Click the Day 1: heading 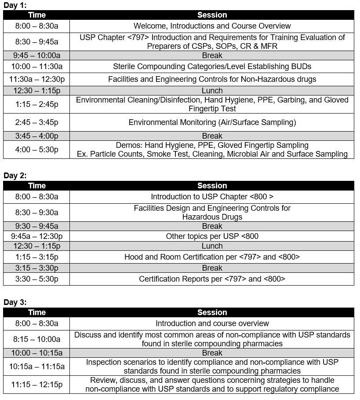coord(15,5)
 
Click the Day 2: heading coord(15,176)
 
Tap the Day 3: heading coord(15,302)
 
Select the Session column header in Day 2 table coord(212,186)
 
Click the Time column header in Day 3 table coord(36,312)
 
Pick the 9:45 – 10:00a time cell coord(36,55)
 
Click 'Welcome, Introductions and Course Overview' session coord(212,26)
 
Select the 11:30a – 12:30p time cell coord(36,79)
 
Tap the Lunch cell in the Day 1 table coord(212,91)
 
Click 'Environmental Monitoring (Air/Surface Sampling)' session coord(212,122)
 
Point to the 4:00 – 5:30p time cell coord(36,150)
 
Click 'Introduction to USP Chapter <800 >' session coord(212,197)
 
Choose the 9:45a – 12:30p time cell coord(36,236)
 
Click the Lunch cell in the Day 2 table coord(212,246)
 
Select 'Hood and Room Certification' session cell coord(212,257)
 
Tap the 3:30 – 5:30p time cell coord(36,279)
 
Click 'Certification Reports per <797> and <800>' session coord(212,279)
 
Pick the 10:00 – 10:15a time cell coord(36,353)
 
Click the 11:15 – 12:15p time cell coord(36,385)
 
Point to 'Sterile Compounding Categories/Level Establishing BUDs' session coord(212,67)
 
